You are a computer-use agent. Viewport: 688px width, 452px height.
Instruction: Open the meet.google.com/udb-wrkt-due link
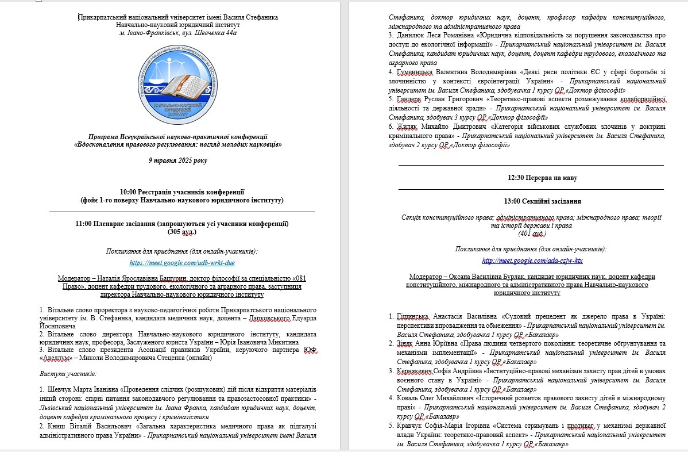(x=182, y=263)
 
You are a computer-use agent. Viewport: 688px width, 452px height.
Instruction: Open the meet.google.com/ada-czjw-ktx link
(x=532, y=261)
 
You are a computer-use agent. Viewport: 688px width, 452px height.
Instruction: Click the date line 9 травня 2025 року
(x=177, y=160)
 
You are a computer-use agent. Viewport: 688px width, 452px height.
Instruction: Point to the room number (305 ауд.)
(x=182, y=232)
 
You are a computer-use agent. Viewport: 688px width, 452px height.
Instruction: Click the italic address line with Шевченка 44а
(x=177, y=33)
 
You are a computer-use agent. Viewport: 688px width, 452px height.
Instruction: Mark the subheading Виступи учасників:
(x=64, y=373)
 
